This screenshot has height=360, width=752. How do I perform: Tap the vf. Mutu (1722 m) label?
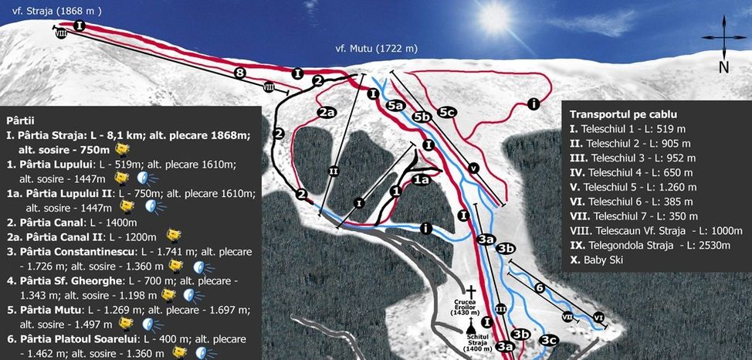tap(377, 49)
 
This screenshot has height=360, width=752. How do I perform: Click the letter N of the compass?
tap(723, 67)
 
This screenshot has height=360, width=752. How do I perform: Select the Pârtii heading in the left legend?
tap(20, 121)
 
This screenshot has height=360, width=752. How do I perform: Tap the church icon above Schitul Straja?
tap(469, 330)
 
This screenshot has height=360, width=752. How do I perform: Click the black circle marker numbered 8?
tap(240, 73)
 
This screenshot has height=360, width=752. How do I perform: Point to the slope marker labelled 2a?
tap(327, 112)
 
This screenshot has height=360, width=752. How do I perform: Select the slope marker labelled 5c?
tap(445, 111)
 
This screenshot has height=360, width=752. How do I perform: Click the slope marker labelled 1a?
tap(420, 179)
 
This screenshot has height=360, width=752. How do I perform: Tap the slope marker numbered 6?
tap(540, 287)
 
